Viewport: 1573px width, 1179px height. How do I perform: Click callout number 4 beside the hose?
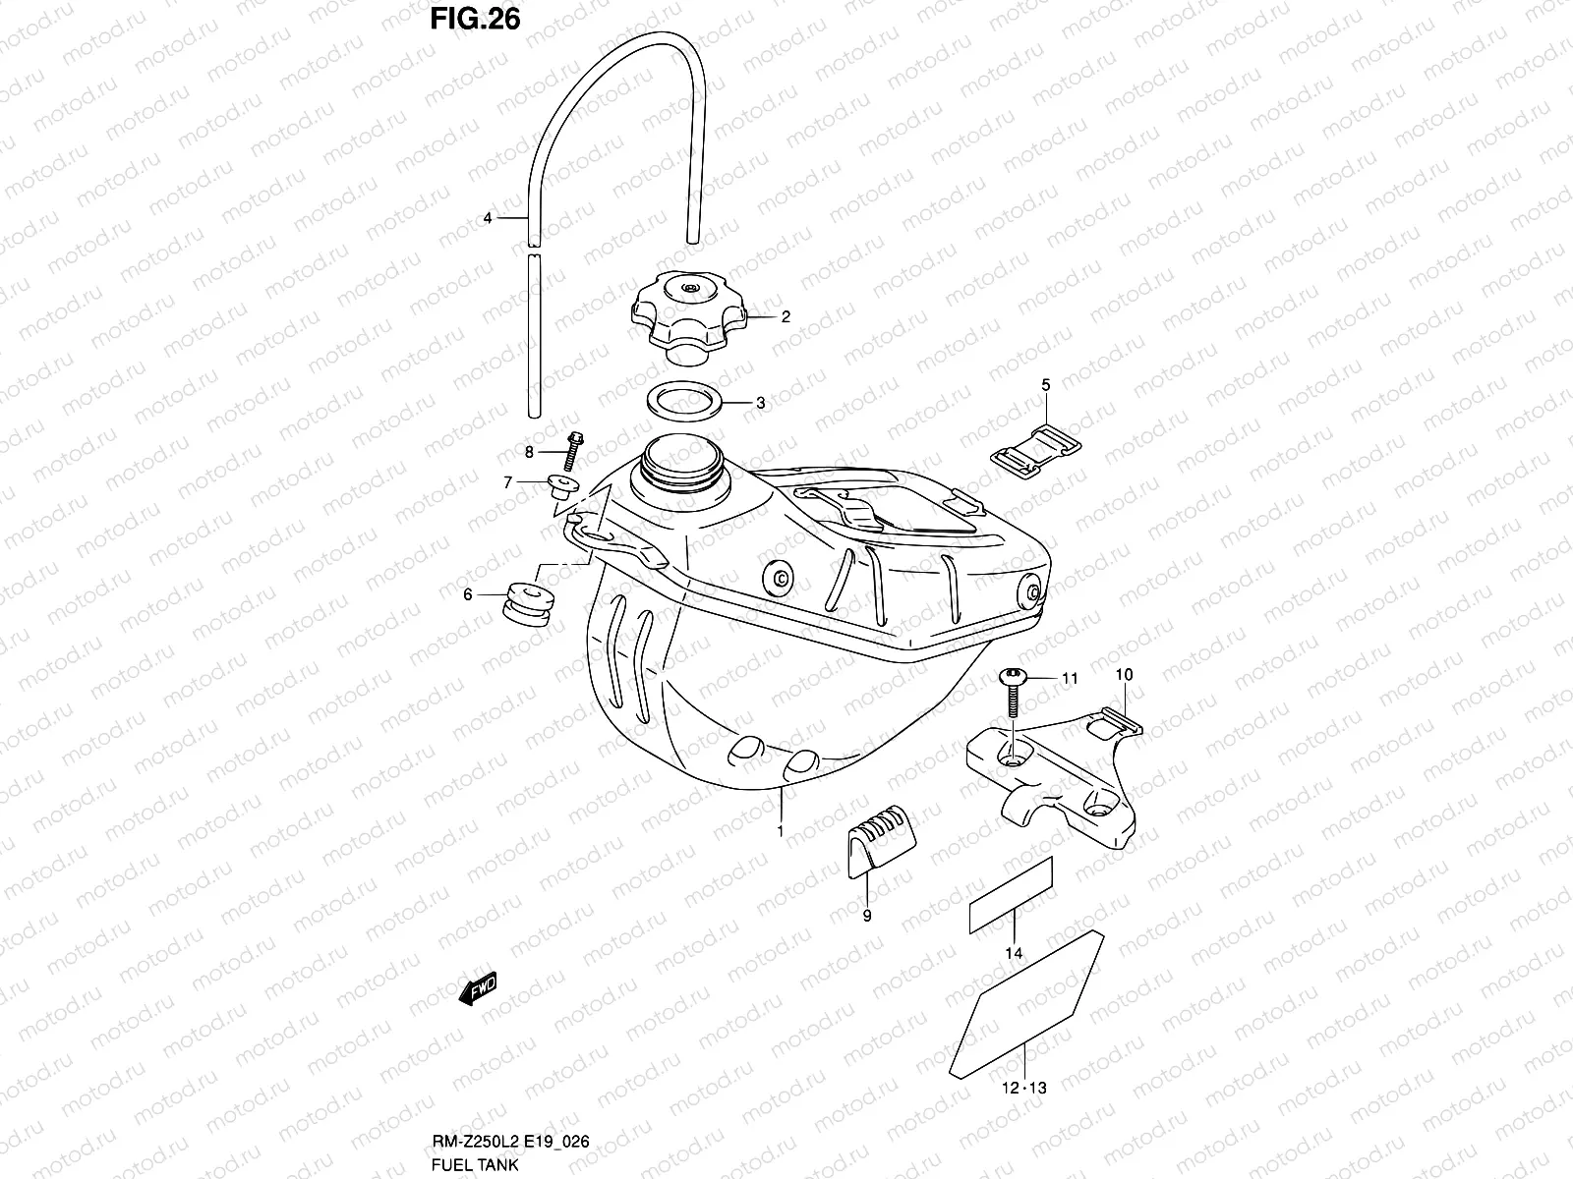point(486,218)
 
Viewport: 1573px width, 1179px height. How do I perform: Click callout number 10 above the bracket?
point(1125,675)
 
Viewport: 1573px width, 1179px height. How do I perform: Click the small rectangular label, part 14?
point(1012,894)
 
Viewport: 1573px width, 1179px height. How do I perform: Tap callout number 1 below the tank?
point(780,831)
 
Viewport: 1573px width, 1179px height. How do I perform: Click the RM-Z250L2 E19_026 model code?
point(512,1143)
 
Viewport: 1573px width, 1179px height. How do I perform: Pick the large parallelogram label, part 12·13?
point(1026,1002)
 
